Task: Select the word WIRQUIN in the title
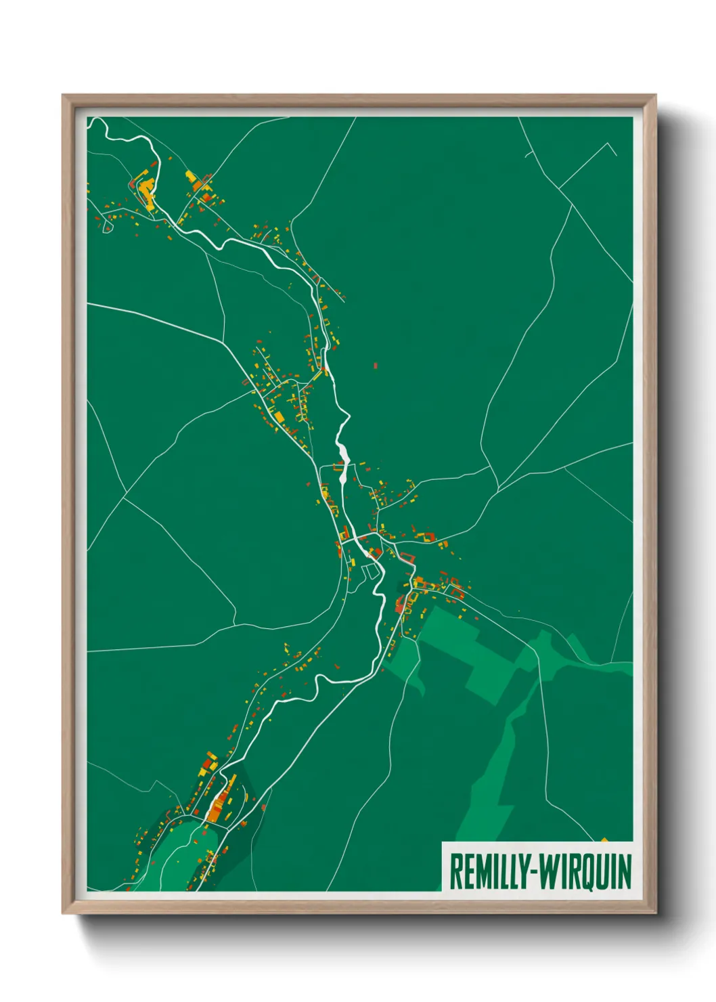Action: (587, 872)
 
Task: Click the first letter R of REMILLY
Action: (455, 872)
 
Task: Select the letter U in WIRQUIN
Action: (604, 872)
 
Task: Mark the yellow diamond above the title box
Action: (605, 841)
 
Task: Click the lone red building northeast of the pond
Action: (376, 366)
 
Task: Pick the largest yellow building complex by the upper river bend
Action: (146, 190)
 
